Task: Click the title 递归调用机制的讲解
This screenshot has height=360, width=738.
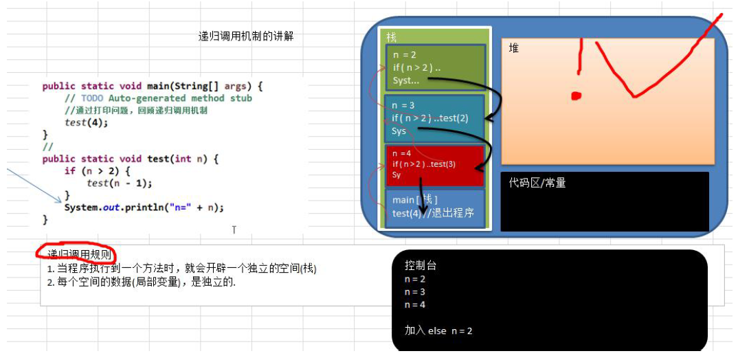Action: pos(246,36)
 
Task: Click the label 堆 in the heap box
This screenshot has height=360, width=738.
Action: pos(514,48)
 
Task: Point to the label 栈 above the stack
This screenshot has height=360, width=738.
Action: pos(392,37)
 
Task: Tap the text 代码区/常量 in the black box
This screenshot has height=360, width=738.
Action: pos(537,183)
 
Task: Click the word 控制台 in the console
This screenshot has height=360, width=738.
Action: pos(421,265)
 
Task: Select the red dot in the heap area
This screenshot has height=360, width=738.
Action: pos(577,95)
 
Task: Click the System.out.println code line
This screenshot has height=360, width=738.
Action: pos(144,207)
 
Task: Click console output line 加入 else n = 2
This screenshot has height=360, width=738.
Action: pos(438,330)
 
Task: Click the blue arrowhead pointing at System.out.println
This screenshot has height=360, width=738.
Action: pos(59,199)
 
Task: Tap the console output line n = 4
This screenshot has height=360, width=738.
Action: pos(415,304)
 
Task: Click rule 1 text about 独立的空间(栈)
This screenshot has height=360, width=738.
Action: pos(182,269)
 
